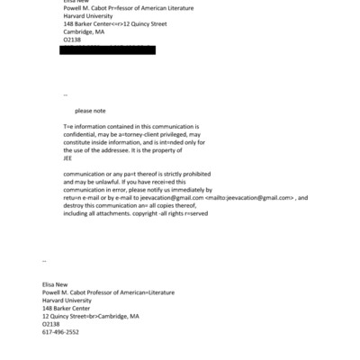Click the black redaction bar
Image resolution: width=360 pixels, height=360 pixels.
[107, 49]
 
